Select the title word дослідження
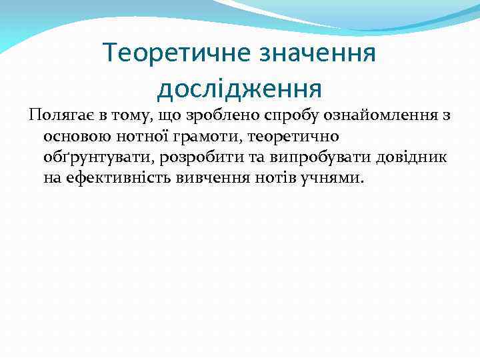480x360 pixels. click(x=240, y=87)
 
